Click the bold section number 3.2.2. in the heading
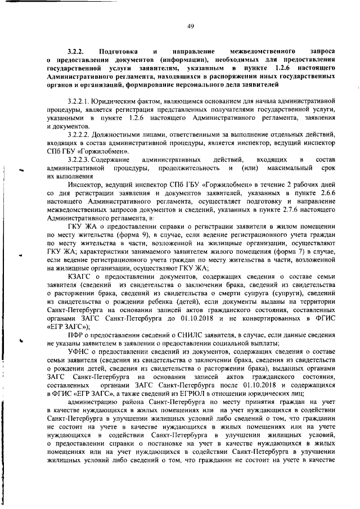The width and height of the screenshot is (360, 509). (75, 50)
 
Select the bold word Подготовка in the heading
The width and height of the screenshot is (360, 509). (116, 50)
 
